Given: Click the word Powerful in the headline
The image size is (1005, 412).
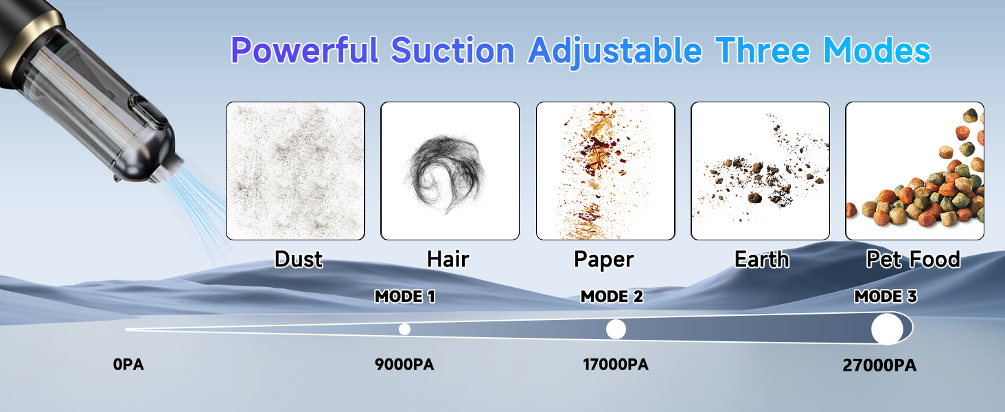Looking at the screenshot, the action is tap(305, 50).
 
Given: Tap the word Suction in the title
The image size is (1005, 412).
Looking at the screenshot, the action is tap(452, 50).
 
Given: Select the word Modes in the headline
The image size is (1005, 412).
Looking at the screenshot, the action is tap(877, 50).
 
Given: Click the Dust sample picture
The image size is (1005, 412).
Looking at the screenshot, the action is tap(295, 171).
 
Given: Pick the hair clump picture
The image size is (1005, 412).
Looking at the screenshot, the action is tap(450, 171).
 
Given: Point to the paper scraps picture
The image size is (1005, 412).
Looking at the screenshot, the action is tap(605, 171).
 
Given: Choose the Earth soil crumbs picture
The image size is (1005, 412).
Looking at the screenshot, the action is tap(760, 171).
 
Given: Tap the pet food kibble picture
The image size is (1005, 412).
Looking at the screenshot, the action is tap(915, 171).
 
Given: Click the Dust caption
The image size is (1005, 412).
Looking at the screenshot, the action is tap(299, 260).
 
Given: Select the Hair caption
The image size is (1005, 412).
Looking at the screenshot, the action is tap(448, 260).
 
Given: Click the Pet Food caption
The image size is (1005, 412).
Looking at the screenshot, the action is tap(913, 260).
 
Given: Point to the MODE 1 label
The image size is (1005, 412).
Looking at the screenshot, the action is tap(405, 297).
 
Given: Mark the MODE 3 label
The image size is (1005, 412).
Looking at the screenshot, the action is tap(885, 297).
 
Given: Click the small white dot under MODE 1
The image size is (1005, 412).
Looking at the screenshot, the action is tap(405, 329).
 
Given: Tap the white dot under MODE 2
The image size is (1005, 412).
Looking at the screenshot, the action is tap(616, 330).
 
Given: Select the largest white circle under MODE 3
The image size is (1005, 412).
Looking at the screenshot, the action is tap(887, 329).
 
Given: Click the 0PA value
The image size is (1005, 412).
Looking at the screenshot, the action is tap(128, 365).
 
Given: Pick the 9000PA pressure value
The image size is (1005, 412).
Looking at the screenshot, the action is tap(404, 365).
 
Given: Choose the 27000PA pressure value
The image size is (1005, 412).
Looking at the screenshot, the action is tap(879, 365).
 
